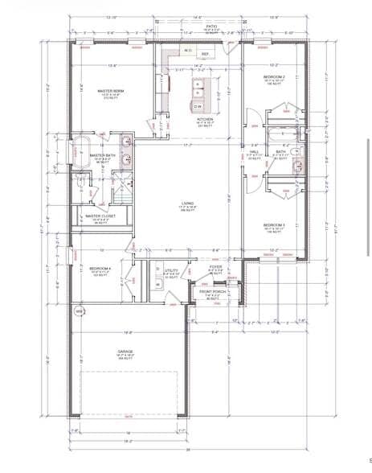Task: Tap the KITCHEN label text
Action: [x=205, y=119]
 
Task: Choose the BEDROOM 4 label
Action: [x=100, y=268]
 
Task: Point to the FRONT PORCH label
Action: [x=211, y=292]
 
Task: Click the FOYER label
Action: [x=215, y=266]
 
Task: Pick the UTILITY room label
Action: [x=170, y=271]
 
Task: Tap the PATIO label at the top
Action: [x=212, y=27]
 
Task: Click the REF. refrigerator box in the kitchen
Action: [x=205, y=55]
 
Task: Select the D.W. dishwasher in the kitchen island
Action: [x=198, y=105]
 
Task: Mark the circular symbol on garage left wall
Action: [x=79, y=310]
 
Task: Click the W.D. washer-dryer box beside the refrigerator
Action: [x=187, y=51]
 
